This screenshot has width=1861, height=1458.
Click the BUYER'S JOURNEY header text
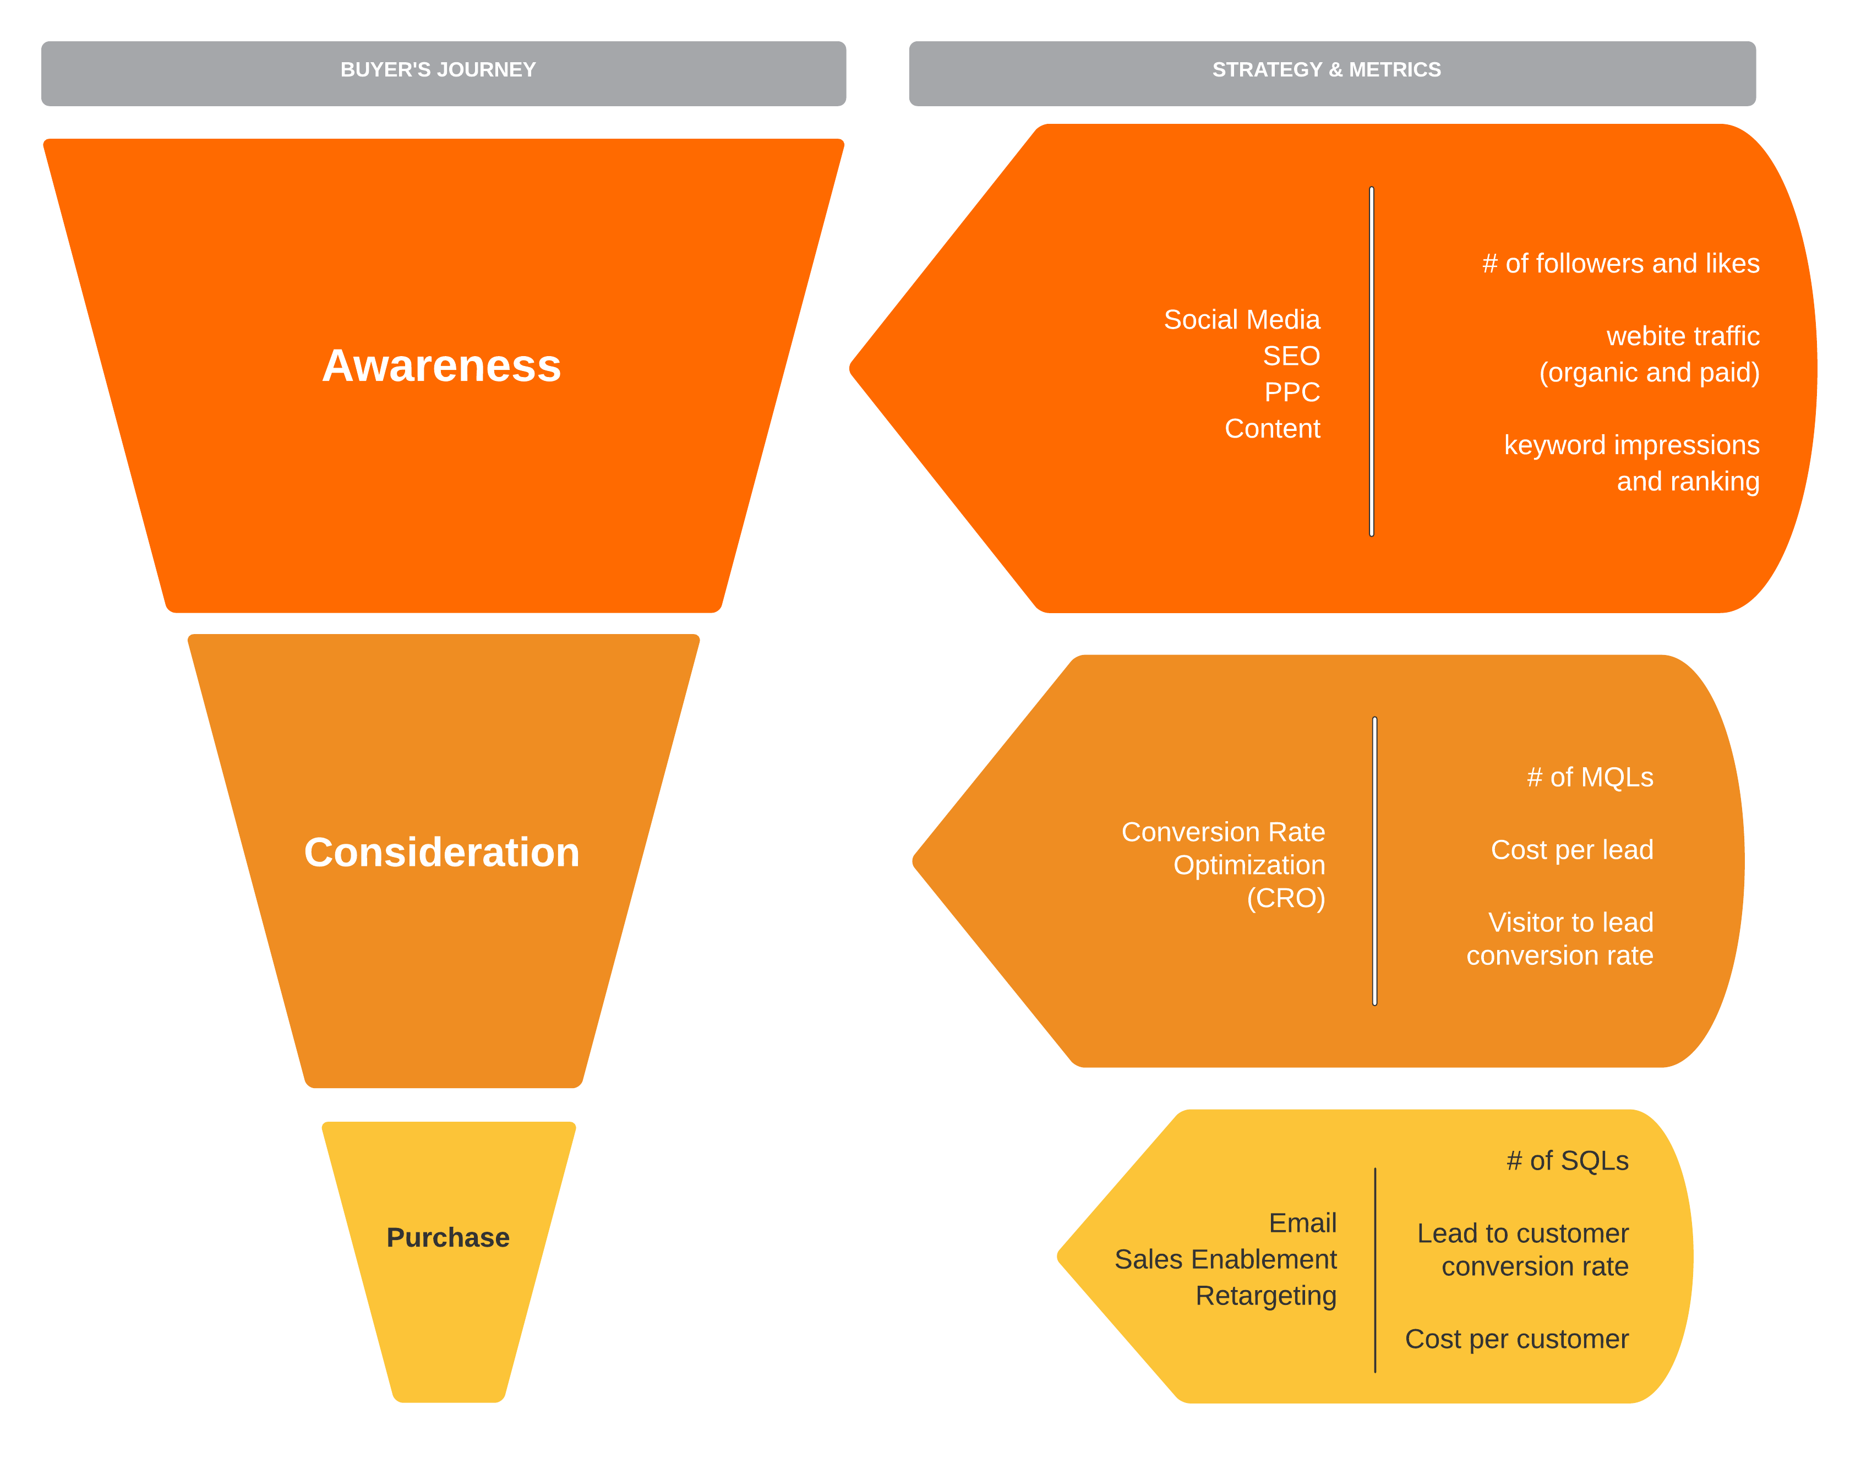coord(438,70)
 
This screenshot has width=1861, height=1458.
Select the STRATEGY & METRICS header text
coord(1326,70)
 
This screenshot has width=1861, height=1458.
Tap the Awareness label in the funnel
coord(441,366)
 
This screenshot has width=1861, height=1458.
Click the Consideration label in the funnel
coord(441,853)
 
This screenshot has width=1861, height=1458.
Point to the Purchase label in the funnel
coord(447,1238)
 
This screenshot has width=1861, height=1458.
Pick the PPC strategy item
coord(1292,392)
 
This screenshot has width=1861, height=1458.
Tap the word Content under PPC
coord(1272,429)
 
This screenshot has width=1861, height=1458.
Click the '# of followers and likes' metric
coord(1620,264)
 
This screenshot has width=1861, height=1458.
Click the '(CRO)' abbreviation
coord(1286,898)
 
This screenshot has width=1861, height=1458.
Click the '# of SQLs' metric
coord(1567,1161)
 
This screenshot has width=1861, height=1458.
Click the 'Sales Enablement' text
coord(1225,1260)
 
